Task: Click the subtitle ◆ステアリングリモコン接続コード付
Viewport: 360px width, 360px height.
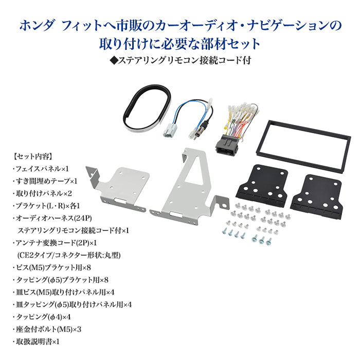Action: [x=180, y=60]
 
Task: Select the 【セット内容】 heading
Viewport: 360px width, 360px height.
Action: [x=31, y=155]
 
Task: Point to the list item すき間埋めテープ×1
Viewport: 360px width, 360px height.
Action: [x=46, y=181]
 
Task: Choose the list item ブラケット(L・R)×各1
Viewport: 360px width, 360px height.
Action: [x=49, y=205]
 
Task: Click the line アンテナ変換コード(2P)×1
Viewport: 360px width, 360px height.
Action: [x=57, y=242]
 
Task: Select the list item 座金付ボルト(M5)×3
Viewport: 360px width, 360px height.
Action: [x=49, y=329]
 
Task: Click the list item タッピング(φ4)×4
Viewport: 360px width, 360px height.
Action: [x=43, y=316]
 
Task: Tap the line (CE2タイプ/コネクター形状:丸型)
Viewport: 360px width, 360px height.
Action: [x=69, y=255]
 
